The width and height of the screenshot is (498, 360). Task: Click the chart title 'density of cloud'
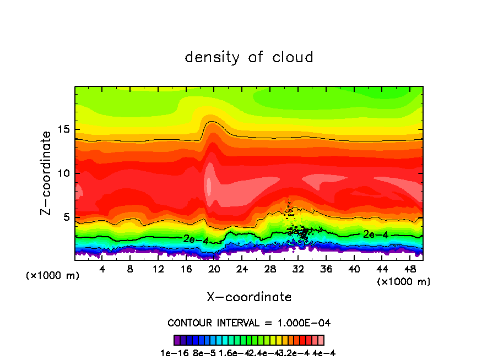point(249,57)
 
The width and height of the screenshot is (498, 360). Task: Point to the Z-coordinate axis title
point(47,173)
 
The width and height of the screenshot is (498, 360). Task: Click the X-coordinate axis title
point(249,297)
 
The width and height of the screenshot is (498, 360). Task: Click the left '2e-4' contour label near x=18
point(196,239)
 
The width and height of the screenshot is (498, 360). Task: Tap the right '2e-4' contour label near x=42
point(376,234)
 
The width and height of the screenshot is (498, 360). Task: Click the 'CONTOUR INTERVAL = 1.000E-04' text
point(249,323)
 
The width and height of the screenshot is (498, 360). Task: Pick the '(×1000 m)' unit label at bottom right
point(404,282)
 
